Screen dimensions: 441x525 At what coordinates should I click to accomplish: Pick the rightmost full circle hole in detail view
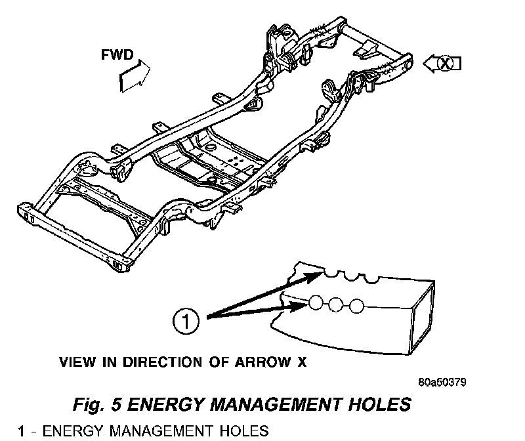point(356,306)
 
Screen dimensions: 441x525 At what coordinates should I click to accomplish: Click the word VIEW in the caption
point(75,361)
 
